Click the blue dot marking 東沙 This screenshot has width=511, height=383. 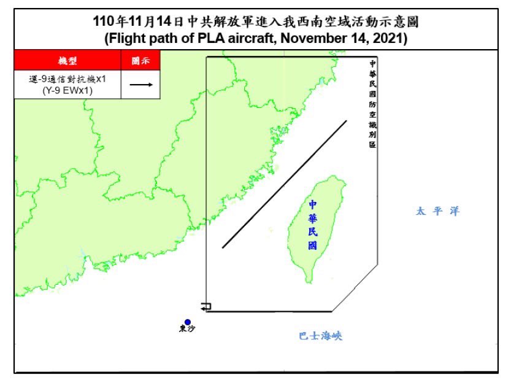point(187,322)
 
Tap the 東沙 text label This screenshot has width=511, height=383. point(187,329)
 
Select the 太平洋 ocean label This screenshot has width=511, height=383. point(437,211)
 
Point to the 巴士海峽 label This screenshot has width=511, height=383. point(320,336)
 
